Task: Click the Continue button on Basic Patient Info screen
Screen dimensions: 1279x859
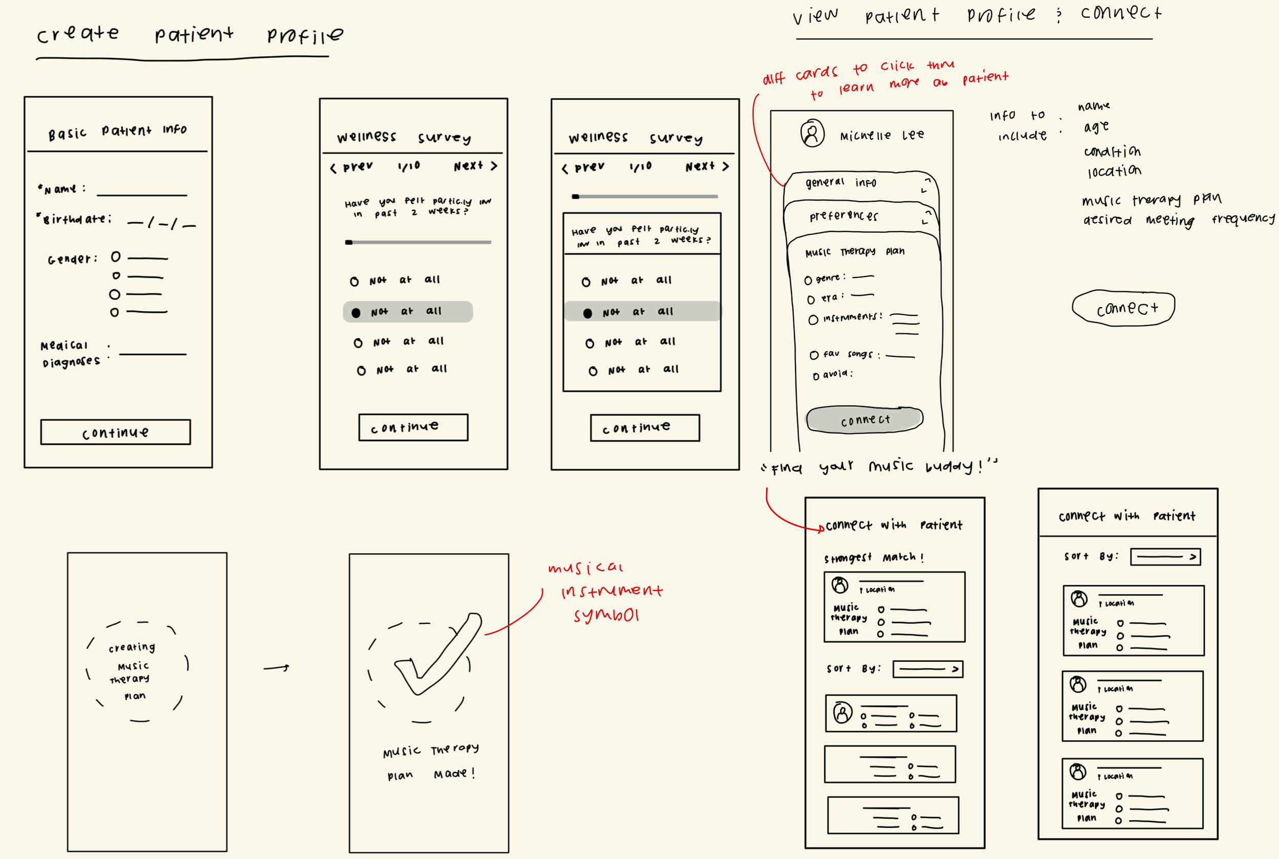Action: (x=116, y=432)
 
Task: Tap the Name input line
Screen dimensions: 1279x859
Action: (x=142, y=194)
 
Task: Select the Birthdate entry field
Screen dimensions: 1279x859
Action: (x=161, y=223)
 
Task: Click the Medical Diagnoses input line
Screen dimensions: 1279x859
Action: (x=153, y=353)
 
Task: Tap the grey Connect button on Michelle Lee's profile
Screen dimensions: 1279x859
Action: (x=865, y=420)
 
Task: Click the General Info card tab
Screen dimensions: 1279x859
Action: (x=841, y=182)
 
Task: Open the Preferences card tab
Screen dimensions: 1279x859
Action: (x=844, y=216)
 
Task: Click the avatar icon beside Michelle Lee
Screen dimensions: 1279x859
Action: (x=812, y=133)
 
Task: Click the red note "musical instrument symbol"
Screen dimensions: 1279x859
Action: (x=606, y=591)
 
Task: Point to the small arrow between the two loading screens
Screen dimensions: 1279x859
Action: (x=276, y=668)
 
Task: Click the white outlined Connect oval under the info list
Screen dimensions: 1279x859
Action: (x=1123, y=308)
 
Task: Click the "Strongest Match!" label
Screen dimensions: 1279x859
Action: (x=873, y=557)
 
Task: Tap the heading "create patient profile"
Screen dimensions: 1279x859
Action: (x=189, y=35)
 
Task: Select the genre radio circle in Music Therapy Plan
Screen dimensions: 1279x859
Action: (x=808, y=281)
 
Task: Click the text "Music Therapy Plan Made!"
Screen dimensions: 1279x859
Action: (x=430, y=762)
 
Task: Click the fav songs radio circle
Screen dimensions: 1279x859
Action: (x=814, y=355)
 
